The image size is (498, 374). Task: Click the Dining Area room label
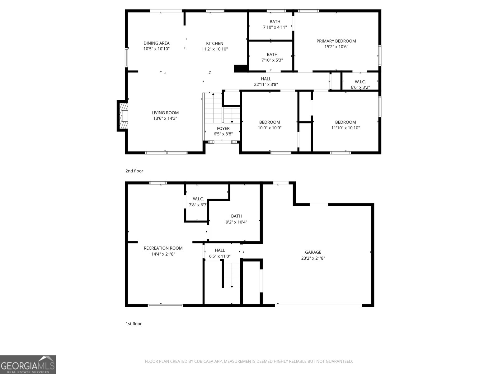pyautogui.click(x=156, y=43)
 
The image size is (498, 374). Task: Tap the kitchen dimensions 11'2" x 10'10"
pyautogui.click(x=214, y=49)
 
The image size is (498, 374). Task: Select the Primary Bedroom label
pyautogui.click(x=336, y=41)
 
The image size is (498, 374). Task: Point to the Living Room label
pyautogui.click(x=165, y=113)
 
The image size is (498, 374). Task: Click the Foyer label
pyautogui.click(x=223, y=128)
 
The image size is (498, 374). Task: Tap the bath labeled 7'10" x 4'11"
pyautogui.click(x=275, y=27)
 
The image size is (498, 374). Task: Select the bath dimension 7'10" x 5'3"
pyautogui.click(x=272, y=60)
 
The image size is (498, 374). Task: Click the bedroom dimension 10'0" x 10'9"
pyautogui.click(x=270, y=128)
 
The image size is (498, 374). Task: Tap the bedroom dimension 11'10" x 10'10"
pyautogui.click(x=345, y=128)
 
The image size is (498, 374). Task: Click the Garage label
pyautogui.click(x=313, y=252)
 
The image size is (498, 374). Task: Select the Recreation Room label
pyautogui.click(x=163, y=248)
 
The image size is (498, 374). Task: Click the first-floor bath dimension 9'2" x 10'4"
pyautogui.click(x=236, y=222)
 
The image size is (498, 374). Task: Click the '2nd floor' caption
pyautogui.click(x=134, y=171)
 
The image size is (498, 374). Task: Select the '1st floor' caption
pyautogui.click(x=134, y=324)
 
